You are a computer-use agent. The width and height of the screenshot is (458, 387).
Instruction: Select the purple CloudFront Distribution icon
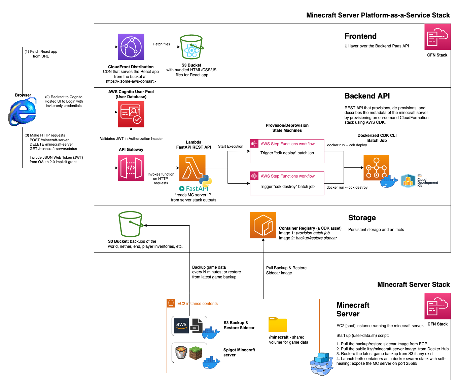(x=131, y=47)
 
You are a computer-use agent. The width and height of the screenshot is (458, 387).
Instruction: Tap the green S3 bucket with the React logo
(x=191, y=47)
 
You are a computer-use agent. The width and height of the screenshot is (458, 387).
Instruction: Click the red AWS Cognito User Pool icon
(x=131, y=114)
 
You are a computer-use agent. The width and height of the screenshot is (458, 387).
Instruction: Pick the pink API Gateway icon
(x=131, y=168)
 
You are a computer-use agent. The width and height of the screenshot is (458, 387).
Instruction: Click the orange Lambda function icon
(x=192, y=168)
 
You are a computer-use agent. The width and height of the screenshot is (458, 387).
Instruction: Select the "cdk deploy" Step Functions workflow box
(x=287, y=151)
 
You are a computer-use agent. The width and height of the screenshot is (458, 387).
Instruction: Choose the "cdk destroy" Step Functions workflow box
(x=287, y=183)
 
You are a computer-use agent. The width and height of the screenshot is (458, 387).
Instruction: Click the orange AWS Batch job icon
(x=376, y=167)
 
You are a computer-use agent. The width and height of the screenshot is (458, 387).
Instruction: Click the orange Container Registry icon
(x=263, y=225)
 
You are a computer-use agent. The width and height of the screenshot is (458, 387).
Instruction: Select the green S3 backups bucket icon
(x=130, y=224)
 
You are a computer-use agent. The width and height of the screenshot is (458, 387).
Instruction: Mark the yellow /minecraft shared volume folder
(x=278, y=324)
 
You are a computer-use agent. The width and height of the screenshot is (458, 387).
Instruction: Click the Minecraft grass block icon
(x=196, y=353)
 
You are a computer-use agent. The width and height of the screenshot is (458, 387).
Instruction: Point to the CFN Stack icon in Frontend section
(x=437, y=37)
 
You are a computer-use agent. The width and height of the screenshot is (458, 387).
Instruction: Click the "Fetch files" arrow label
(x=162, y=44)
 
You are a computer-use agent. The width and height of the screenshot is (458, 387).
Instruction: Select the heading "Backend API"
(x=367, y=96)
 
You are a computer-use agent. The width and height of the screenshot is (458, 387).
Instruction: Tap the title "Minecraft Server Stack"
(x=413, y=284)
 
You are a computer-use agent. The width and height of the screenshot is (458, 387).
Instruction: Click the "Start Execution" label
(x=231, y=146)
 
